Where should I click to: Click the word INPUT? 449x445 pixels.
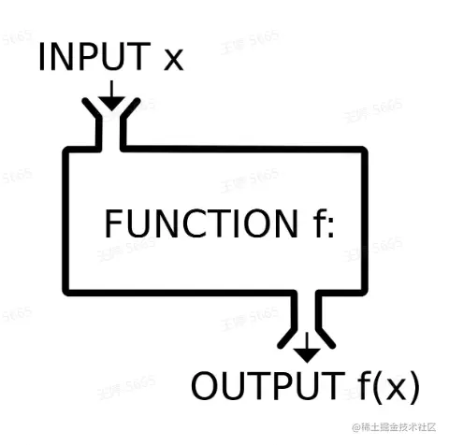[92, 58]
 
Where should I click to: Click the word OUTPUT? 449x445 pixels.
[265, 385]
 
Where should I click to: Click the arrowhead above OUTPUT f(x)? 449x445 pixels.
[306, 353]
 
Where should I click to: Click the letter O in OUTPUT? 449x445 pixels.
[208, 385]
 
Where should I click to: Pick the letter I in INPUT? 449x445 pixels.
[44, 58]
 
